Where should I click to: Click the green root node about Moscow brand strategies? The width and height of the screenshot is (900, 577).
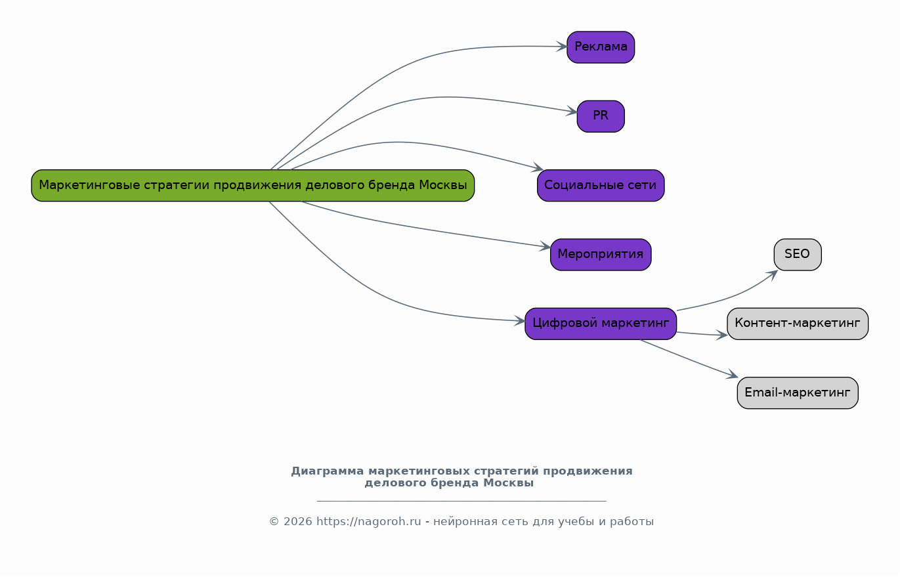click(253, 186)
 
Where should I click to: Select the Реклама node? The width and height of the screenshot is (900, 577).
click(601, 47)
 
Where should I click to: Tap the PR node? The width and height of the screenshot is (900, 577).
click(601, 116)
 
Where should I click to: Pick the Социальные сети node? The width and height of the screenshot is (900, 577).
click(601, 186)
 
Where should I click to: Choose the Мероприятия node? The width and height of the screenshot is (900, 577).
click(601, 255)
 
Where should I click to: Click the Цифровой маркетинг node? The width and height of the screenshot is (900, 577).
click(601, 324)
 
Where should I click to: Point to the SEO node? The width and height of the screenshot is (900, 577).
click(798, 255)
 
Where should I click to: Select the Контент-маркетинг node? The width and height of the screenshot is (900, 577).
click(798, 324)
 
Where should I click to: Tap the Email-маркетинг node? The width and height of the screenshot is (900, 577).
click(798, 393)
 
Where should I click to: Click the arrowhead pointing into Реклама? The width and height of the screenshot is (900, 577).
click(562, 47)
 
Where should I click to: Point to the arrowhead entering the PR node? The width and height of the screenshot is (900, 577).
click(572, 113)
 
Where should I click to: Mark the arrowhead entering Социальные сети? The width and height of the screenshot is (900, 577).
click(538, 169)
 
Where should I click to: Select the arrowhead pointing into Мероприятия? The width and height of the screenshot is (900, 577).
click(546, 247)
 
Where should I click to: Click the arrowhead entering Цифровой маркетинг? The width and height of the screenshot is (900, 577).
click(520, 321)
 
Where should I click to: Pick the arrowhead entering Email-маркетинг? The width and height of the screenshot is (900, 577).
click(733, 375)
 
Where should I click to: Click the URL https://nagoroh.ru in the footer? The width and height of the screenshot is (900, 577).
click(368, 522)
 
